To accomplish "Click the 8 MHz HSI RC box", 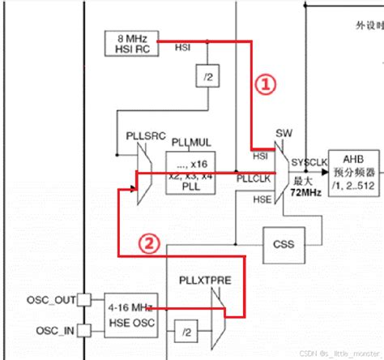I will click(130, 44).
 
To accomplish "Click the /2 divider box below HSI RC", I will click(207, 77).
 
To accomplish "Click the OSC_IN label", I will click(54, 331).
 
